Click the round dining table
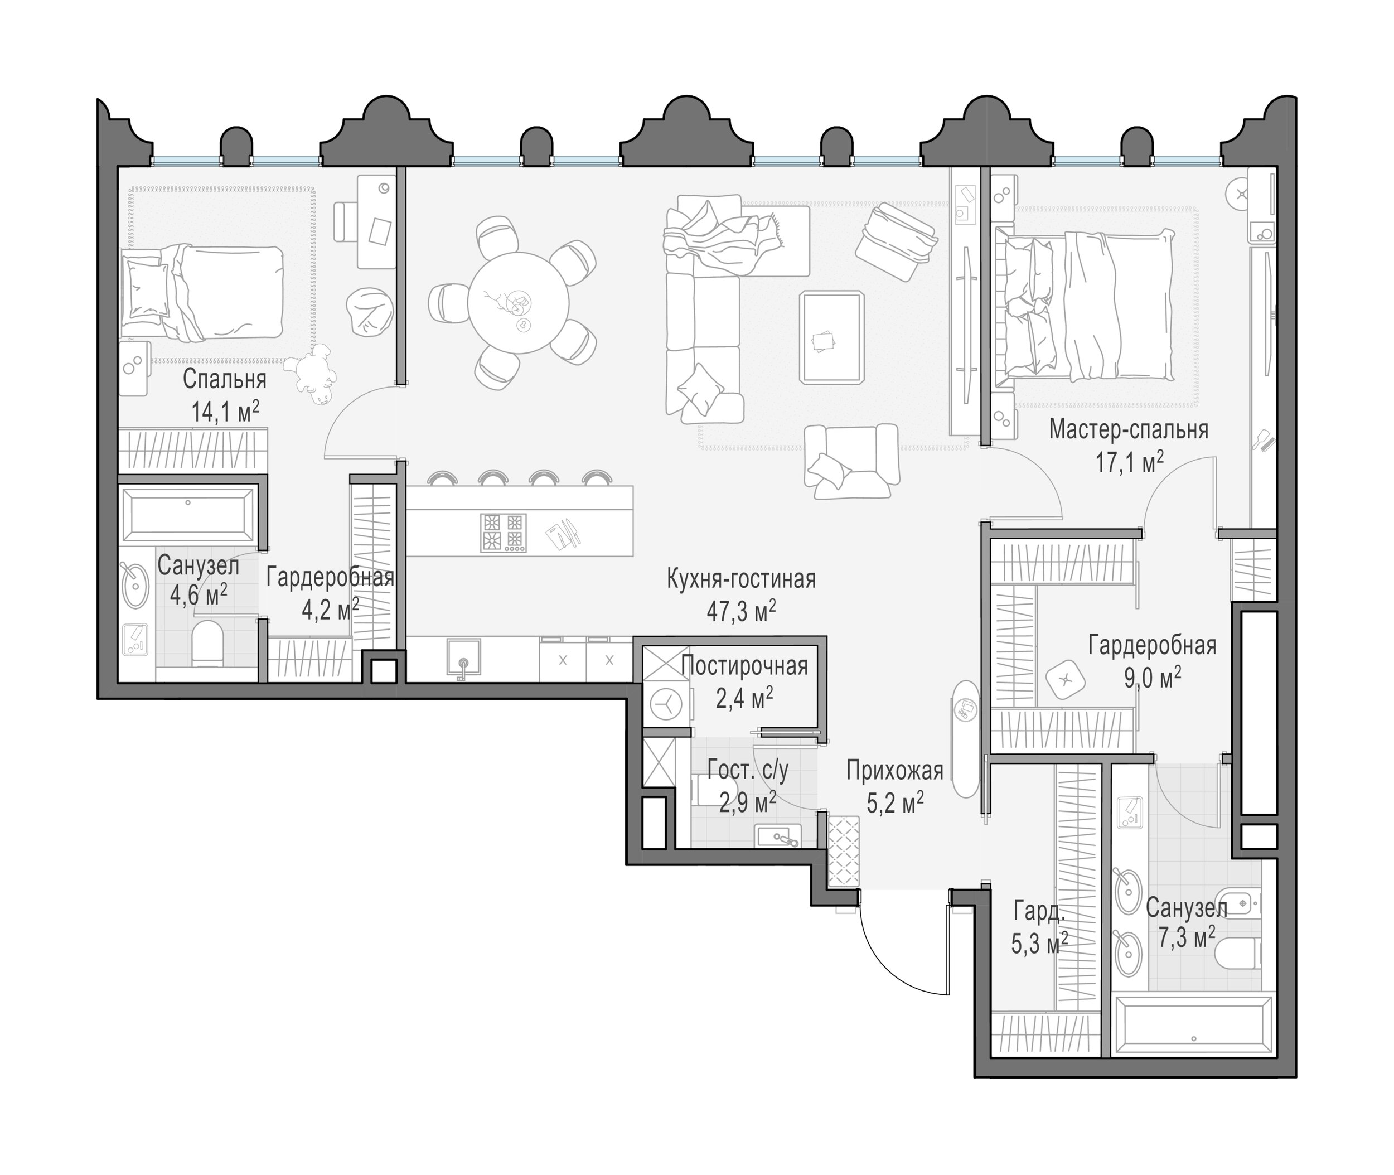(517, 303)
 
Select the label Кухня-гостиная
(740, 579)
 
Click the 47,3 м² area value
(740, 611)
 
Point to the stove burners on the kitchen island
(503, 532)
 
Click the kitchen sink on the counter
(463, 658)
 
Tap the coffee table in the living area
(832, 338)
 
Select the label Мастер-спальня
(1128, 429)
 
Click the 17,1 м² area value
(1130, 462)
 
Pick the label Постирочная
(744, 666)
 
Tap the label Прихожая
(894, 771)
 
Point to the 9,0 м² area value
(1152, 678)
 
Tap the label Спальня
(225, 379)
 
